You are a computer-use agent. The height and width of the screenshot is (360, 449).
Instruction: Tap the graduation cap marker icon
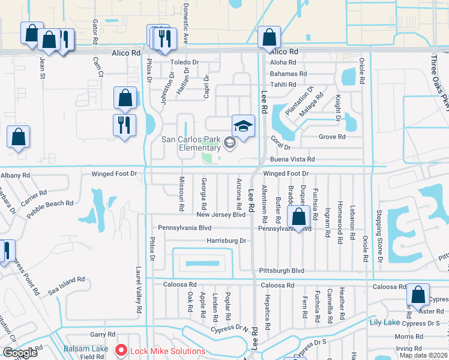point(243,127)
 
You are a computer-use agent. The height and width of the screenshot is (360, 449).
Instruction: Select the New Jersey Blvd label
point(221,215)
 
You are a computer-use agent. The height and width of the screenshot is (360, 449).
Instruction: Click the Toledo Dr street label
point(184,62)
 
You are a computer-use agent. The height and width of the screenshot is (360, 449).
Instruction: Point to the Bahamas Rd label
point(288,73)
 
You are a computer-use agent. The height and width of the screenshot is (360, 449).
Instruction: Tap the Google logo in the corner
point(20,353)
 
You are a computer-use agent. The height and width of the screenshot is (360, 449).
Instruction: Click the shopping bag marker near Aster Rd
point(418,295)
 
